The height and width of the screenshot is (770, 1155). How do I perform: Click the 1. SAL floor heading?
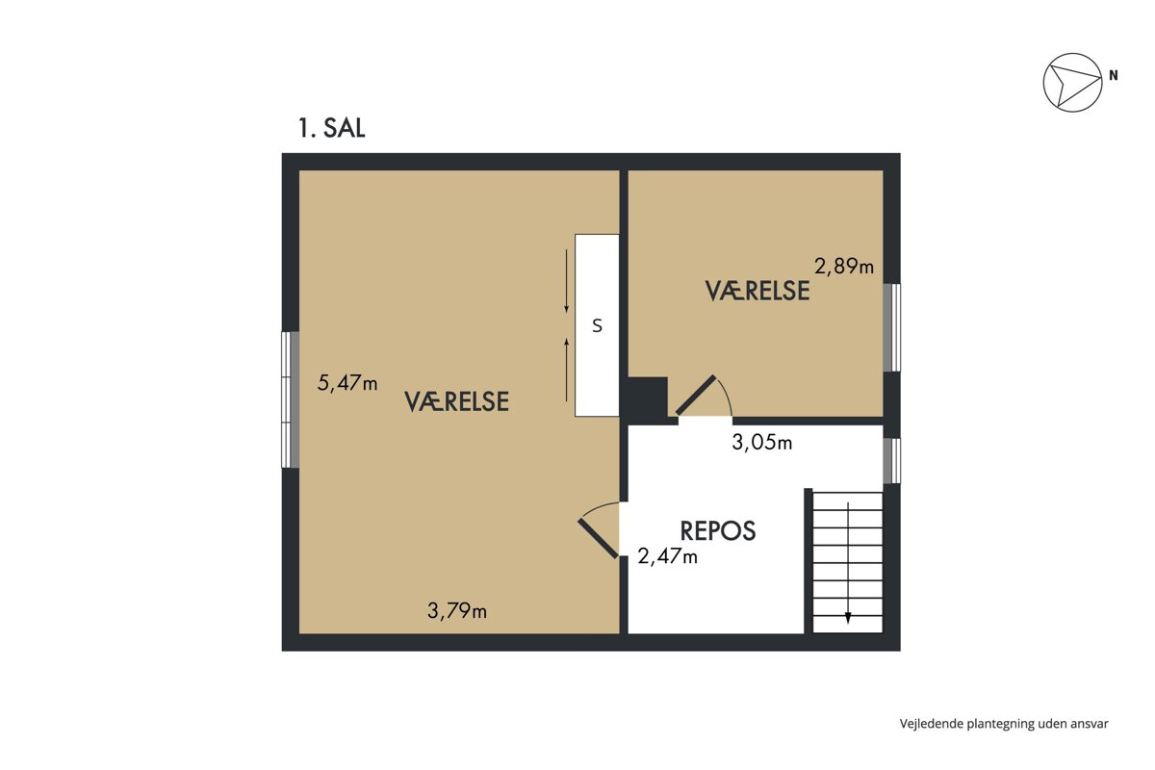tap(331, 128)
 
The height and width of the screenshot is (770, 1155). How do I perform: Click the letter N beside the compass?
tap(1114, 76)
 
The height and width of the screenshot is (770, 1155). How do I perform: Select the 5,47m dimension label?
tap(347, 383)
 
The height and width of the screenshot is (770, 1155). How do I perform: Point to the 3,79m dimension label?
tap(457, 610)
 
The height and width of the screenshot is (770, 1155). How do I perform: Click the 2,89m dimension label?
tap(844, 266)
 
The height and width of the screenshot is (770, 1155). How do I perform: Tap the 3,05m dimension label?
tap(762, 443)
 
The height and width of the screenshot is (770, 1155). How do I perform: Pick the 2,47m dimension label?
tap(668, 556)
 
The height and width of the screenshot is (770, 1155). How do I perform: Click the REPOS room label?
tap(718, 530)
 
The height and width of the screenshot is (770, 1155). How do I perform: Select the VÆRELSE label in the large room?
tap(457, 401)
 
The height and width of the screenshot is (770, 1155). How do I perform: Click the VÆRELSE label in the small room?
tap(757, 291)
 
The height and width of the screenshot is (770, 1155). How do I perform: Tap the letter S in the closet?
tap(597, 326)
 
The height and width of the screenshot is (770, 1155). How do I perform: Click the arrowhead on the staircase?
tap(848, 617)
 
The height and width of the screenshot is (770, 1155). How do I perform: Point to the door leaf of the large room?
tap(598, 538)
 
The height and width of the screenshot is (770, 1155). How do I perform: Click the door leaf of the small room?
tap(696, 396)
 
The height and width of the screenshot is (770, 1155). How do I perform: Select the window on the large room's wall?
tap(291, 399)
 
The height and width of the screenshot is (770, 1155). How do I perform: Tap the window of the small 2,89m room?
tap(892, 327)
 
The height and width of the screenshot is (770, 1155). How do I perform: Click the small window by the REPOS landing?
tap(892, 461)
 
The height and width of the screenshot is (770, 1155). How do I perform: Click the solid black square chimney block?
tap(647, 397)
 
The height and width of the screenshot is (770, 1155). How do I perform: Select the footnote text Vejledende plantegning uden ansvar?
tap(1004, 724)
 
